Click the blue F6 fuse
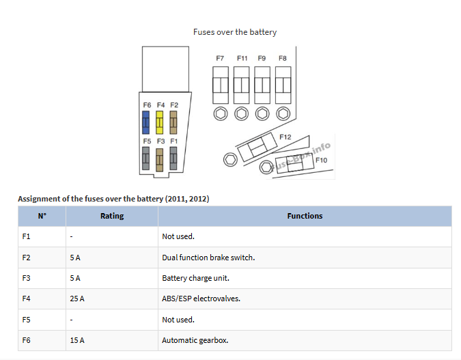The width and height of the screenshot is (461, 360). [x=146, y=123]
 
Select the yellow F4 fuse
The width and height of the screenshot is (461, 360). [x=160, y=123]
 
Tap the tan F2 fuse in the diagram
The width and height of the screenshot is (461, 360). [x=173, y=123]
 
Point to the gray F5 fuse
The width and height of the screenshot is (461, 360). [x=146, y=159]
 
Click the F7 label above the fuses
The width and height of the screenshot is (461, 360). [x=220, y=59]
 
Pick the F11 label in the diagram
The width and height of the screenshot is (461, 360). [x=242, y=59]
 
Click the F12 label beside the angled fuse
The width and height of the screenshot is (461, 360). [x=285, y=137]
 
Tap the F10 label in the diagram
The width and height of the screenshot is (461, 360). [x=321, y=161]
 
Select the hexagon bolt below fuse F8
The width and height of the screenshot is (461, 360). [x=283, y=113]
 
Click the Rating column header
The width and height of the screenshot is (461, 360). [x=112, y=216]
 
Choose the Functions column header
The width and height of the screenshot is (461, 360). [x=305, y=216]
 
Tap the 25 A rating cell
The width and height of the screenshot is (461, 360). [x=76, y=299]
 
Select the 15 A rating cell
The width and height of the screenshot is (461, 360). [x=76, y=340]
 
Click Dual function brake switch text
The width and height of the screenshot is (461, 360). [x=208, y=258]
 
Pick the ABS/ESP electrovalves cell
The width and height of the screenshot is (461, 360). [x=201, y=299]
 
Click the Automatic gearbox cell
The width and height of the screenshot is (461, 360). [x=195, y=340]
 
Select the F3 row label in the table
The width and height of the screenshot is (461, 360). [x=27, y=278]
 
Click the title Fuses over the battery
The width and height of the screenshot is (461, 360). [x=235, y=32]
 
